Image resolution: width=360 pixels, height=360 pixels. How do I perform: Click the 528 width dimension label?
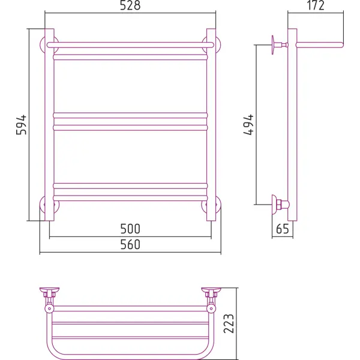pos(130,5)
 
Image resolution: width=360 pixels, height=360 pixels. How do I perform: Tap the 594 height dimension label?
pos(22,125)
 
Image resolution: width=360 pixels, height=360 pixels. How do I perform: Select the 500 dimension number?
pos(130,229)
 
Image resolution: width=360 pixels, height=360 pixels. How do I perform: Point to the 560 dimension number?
pos(130,244)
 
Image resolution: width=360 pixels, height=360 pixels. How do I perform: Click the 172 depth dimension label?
pos(316,5)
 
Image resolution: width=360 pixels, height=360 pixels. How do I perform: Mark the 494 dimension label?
pos(248,125)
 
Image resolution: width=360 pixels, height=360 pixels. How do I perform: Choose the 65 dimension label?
pos(283,229)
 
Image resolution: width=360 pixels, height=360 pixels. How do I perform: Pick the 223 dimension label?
pos(229,323)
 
